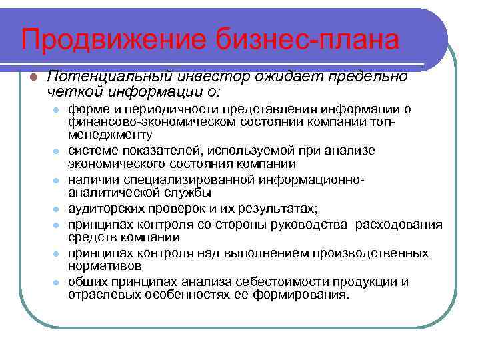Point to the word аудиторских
coord(108,209)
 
